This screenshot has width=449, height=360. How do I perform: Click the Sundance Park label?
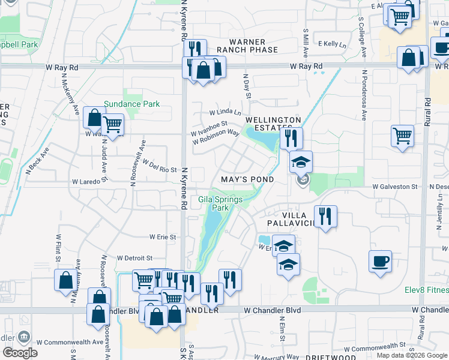point(131,104)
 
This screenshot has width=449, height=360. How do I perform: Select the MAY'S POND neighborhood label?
point(247,179)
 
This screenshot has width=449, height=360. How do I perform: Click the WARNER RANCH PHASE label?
point(247,46)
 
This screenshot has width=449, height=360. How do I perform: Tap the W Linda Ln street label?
point(224,112)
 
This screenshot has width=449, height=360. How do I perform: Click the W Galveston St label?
point(394,187)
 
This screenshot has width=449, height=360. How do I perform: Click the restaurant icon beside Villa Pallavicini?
point(325,216)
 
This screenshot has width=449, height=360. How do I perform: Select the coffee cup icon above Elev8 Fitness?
point(380,261)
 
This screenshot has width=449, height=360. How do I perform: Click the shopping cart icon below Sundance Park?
point(112,124)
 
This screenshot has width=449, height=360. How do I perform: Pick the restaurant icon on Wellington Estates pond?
point(291,138)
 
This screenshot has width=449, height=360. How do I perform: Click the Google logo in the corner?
point(20,353)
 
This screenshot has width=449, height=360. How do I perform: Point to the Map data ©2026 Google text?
point(411,355)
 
